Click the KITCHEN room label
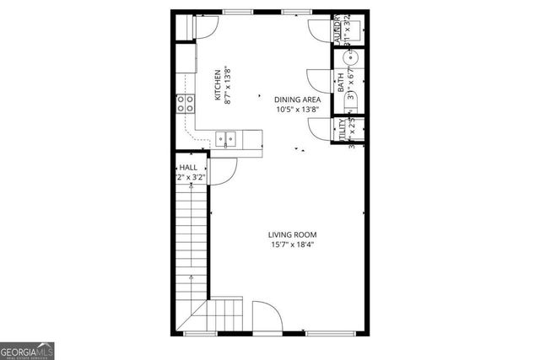coord(217,85)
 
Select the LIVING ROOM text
coord(292,234)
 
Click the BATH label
coord(341,83)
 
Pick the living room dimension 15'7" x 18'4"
coord(292,245)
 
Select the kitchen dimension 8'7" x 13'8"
coord(228,85)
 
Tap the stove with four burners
coord(186,104)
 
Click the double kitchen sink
coord(224,137)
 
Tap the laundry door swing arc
coord(319,31)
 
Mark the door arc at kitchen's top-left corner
coord(205,27)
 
